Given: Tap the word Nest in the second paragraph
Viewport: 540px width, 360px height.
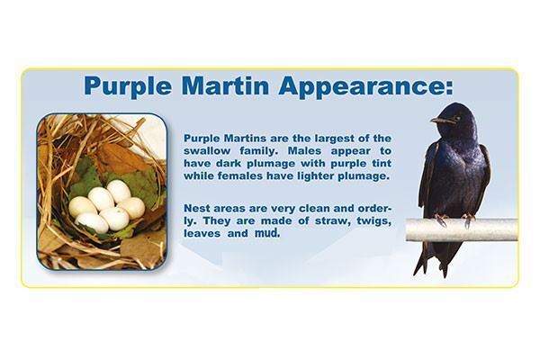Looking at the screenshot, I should (197, 205).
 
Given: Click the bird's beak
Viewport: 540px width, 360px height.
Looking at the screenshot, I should (436, 120).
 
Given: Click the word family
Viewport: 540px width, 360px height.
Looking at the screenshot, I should (258, 150).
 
